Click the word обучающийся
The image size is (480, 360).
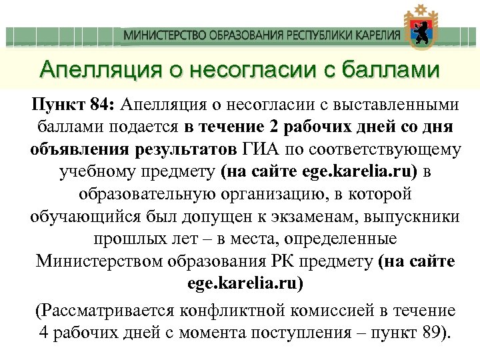click(x=91, y=217)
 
